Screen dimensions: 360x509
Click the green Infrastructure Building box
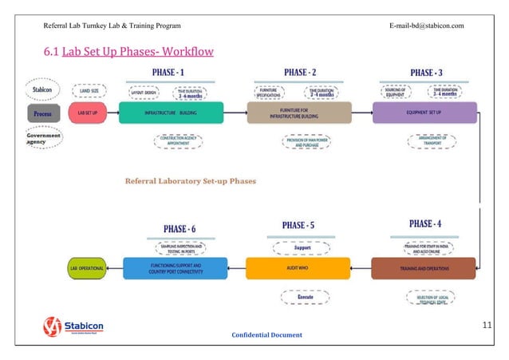pos(170,113)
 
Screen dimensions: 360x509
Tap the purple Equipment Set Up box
pos(424,113)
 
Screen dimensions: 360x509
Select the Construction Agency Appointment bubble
pos(178,139)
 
